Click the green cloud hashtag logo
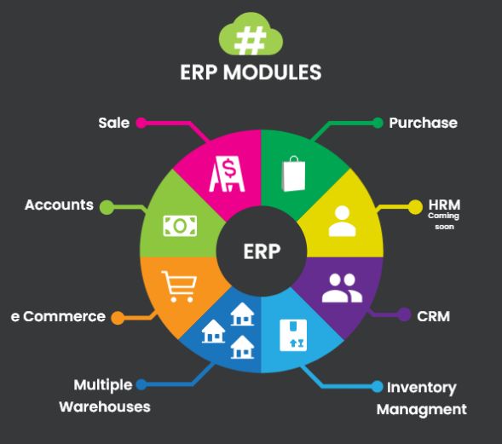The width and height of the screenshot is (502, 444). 251,35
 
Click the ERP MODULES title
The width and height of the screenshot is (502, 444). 251,72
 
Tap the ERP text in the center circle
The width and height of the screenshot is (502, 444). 262,251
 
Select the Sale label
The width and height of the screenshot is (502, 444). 114,123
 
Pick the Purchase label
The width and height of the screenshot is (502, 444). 423,123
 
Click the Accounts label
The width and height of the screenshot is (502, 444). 59,205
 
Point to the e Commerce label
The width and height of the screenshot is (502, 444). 58,316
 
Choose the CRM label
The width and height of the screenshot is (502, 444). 433,316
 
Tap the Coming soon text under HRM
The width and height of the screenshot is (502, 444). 444,222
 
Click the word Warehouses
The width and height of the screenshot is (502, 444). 105,407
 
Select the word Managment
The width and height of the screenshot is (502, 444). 422,410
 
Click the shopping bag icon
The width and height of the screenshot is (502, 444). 293,174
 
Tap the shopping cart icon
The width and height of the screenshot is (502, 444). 179,286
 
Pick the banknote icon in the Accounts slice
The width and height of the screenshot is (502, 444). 180,226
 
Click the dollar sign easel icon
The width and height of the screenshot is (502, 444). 227,174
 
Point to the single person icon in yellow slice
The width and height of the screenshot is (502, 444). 343,221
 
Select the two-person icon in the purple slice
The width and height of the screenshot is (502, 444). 342,288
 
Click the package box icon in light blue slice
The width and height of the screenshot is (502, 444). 293,335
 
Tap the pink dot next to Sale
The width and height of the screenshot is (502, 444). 141,123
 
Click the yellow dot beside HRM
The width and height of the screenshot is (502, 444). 415,207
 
